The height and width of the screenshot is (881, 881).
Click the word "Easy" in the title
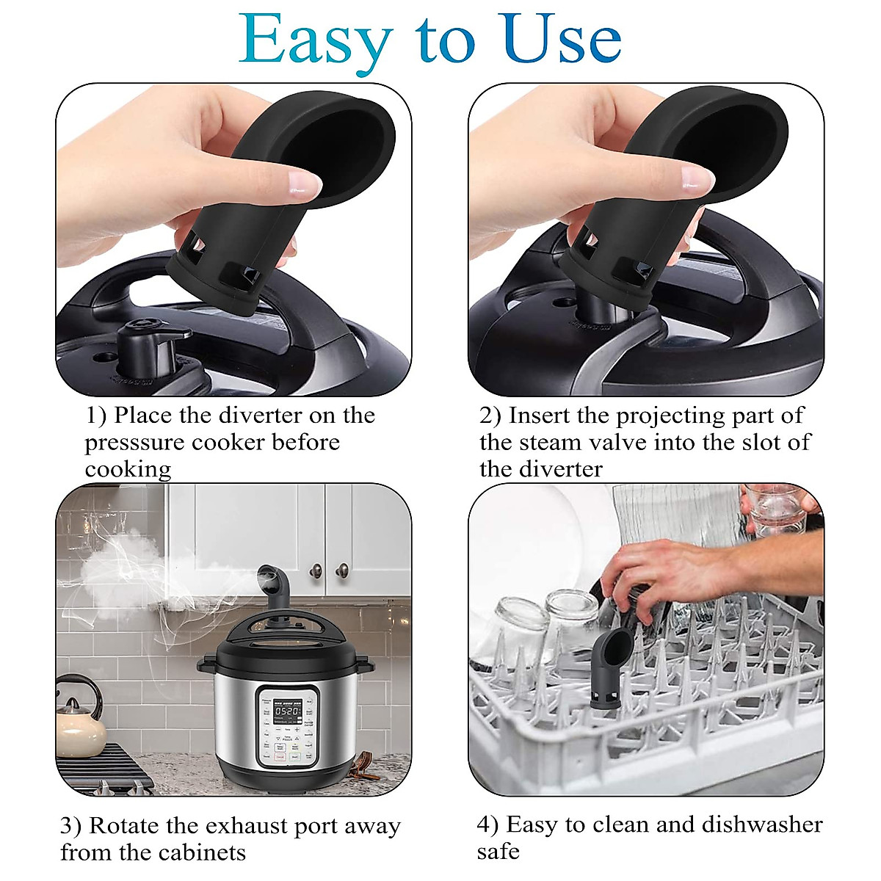[x=316, y=40]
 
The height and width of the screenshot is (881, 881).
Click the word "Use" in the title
[x=562, y=40]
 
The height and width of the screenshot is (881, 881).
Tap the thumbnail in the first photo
[x=305, y=180]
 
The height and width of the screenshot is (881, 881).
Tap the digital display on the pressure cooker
[x=288, y=711]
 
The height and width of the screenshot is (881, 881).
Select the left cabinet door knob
[x=316, y=570]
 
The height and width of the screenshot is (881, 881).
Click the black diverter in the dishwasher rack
[x=609, y=668]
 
